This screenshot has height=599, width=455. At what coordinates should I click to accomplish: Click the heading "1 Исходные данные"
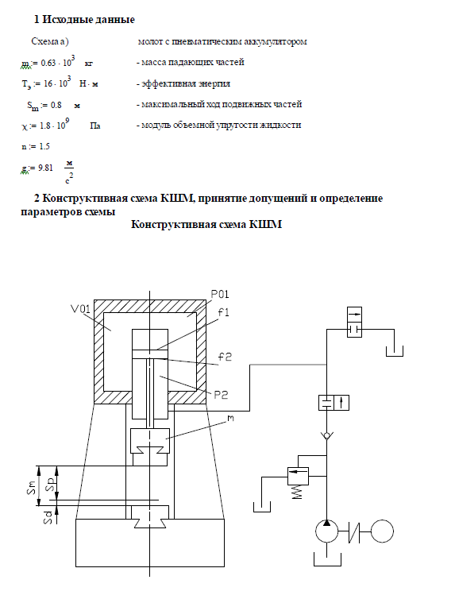pos(84,20)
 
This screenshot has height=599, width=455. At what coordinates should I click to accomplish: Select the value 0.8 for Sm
pos(56,105)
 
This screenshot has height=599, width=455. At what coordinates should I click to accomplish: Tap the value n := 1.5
pos(36,146)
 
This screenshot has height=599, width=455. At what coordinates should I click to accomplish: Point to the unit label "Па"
pos(95,126)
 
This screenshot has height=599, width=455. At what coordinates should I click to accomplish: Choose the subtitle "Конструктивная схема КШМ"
pos(206,224)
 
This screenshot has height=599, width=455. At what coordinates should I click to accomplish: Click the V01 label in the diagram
pos(80,309)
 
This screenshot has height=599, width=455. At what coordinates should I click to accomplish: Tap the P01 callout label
pos(220,294)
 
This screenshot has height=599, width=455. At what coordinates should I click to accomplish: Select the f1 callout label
pos(224,312)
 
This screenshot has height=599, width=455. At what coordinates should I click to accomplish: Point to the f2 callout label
pos(225,357)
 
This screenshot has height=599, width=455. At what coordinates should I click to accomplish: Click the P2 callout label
pos(221,394)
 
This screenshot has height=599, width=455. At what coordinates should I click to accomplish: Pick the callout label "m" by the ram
pos(230,419)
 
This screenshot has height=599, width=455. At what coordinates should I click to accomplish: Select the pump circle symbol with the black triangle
pos(326,531)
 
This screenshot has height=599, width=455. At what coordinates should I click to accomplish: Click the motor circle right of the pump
pos(382,531)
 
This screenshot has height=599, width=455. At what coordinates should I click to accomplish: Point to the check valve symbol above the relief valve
pos(326,435)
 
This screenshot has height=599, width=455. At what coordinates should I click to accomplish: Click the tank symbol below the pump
pos(327,558)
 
